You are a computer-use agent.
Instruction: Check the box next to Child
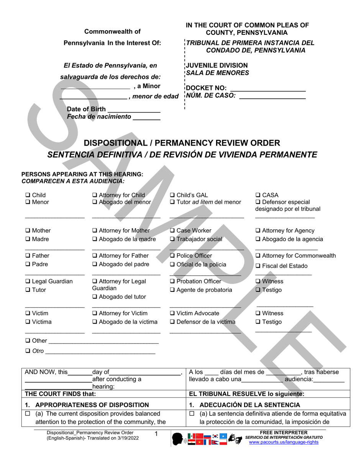tap(28, 195)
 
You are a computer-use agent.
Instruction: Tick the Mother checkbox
tap(28, 231)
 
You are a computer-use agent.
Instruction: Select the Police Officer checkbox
tap(172, 256)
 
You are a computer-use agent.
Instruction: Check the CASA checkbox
tap(258, 195)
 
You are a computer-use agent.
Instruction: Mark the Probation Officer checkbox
tap(172, 281)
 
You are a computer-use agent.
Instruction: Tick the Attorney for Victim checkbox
tap(95, 313)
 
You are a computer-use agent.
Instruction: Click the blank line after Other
tap(103, 341)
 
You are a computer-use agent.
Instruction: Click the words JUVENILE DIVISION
tap(217, 65)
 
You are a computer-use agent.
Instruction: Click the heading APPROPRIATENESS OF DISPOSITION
tap(92, 405)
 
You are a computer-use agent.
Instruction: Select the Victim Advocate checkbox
tap(172, 313)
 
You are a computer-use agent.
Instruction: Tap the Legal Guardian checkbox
tap(28, 281)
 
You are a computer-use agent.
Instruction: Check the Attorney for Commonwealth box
tap(258, 256)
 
